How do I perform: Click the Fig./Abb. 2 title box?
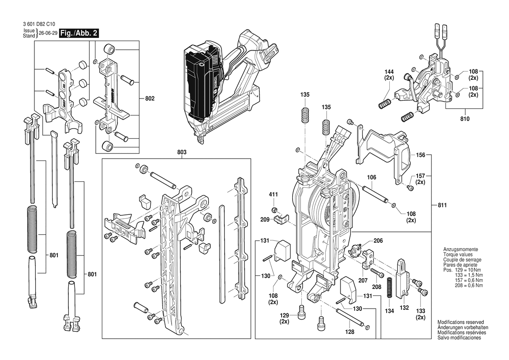click(x=79, y=33)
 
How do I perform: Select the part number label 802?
click(x=150, y=98)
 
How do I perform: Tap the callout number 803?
click(x=182, y=152)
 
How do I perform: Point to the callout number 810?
click(x=465, y=119)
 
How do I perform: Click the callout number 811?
click(x=442, y=205)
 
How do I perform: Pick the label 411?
click(x=273, y=195)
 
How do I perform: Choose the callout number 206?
click(x=378, y=241)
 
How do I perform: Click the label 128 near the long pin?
click(x=350, y=332)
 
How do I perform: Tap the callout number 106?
click(x=372, y=177)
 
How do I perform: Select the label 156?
click(x=420, y=155)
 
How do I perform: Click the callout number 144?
click(x=389, y=72)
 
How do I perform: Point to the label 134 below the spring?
click(x=390, y=311)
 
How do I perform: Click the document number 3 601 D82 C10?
click(x=39, y=24)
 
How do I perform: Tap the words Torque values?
click(x=458, y=255)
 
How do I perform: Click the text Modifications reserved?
click(x=461, y=322)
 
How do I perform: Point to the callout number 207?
click(x=363, y=280)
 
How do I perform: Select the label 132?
click(x=404, y=308)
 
